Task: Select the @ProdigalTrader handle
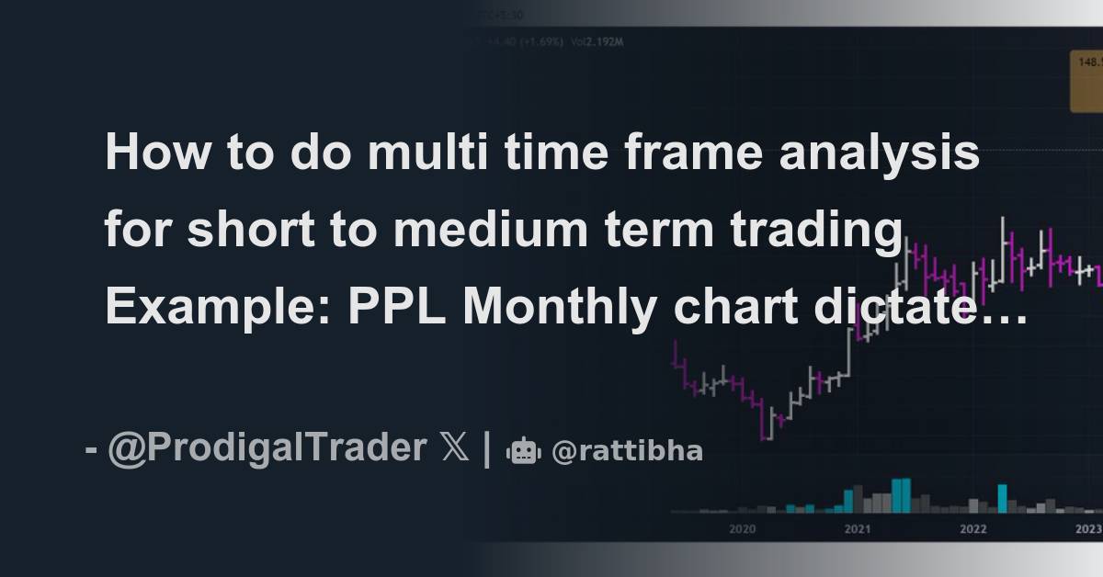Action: point(267,449)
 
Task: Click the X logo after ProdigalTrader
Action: point(454,449)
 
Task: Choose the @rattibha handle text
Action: point(627,451)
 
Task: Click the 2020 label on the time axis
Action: point(742,529)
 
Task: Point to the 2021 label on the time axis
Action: point(858,529)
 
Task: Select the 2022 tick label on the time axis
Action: point(973,529)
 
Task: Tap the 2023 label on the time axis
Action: point(1088,529)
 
